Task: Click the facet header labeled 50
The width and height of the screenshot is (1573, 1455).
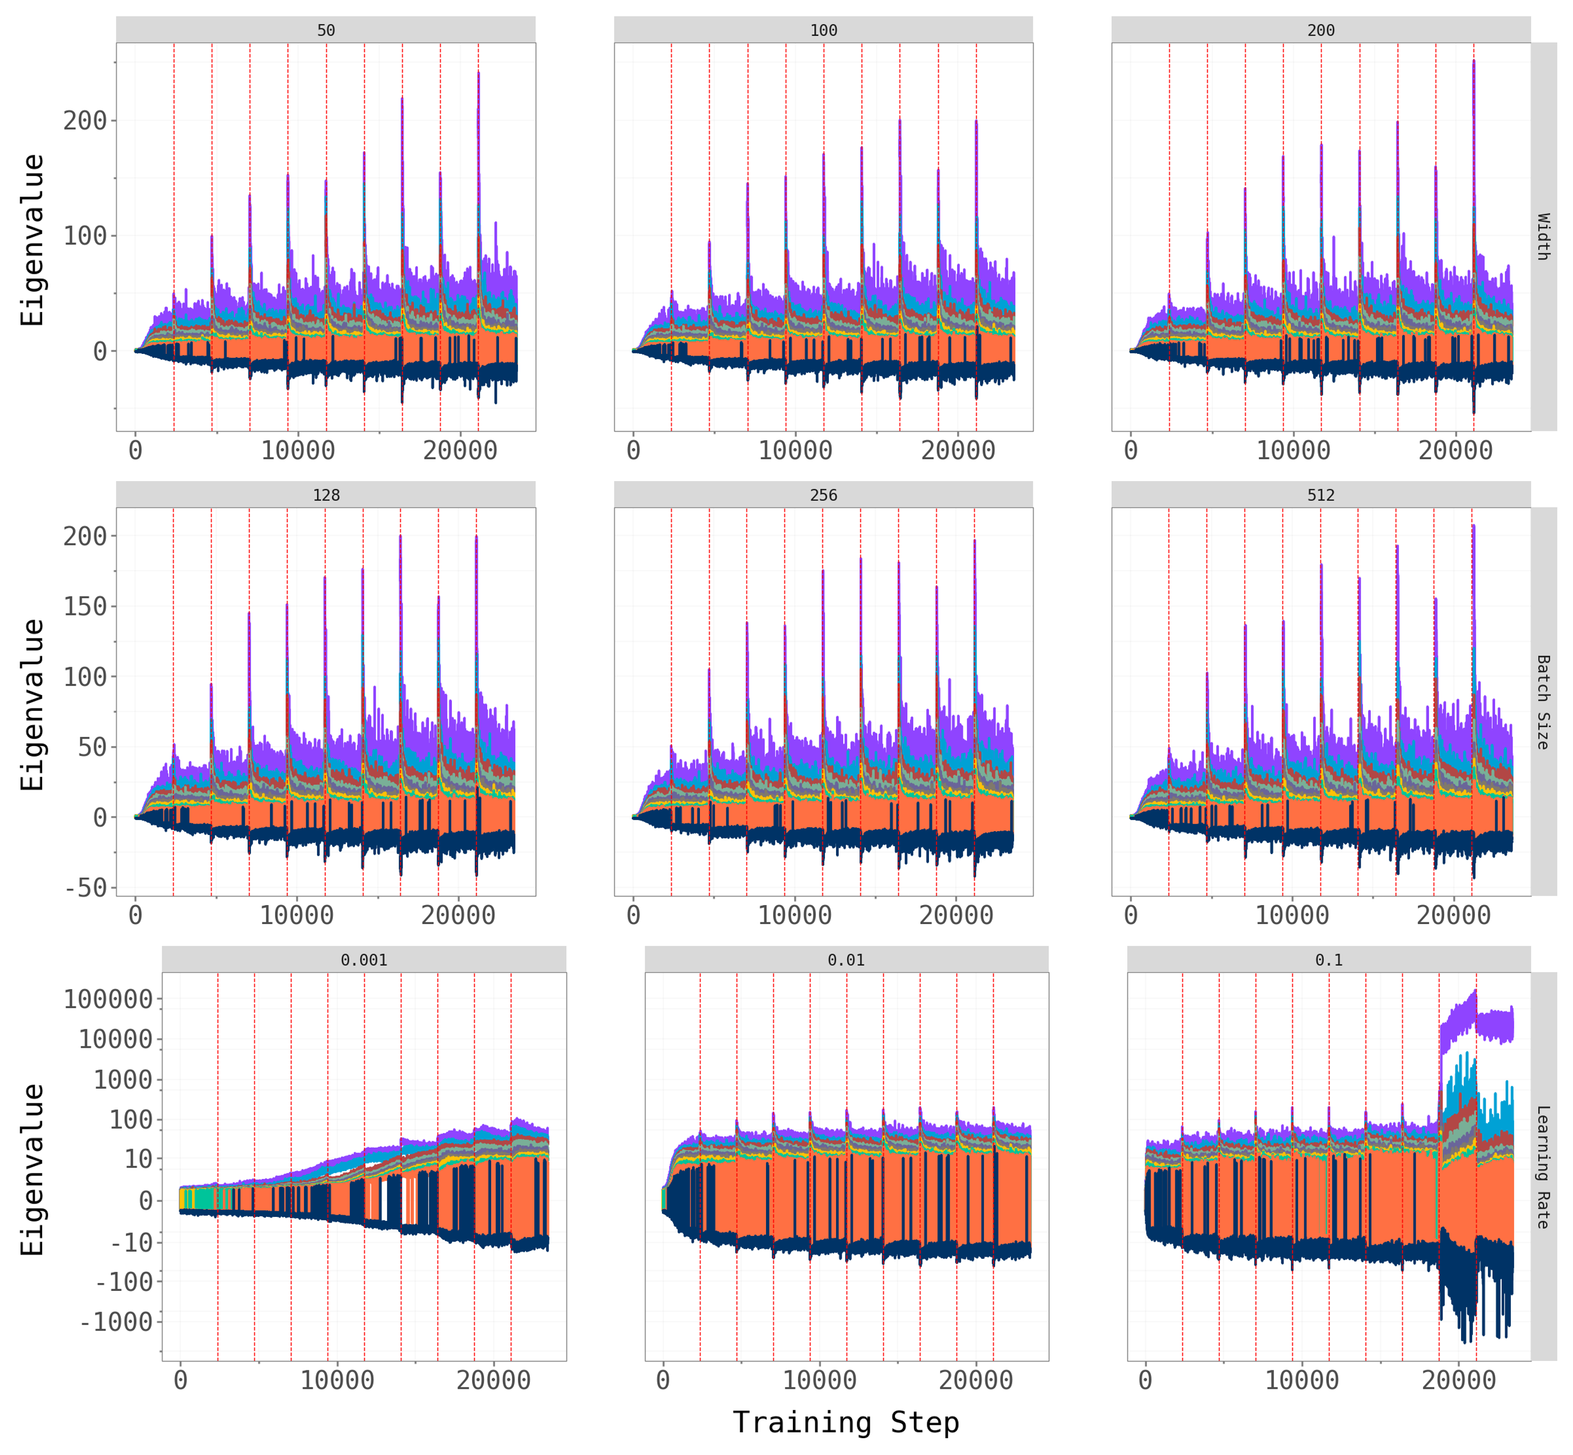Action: tap(326, 30)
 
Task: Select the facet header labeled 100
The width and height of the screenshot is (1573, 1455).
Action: tap(824, 30)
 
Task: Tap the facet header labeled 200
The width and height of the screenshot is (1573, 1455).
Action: tap(1321, 30)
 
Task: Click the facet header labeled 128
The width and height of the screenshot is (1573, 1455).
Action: tap(326, 495)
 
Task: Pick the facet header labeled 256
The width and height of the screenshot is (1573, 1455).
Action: tap(824, 495)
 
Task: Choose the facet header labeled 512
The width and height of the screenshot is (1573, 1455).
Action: tap(1321, 495)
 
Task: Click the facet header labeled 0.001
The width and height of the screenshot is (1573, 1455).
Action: tap(364, 960)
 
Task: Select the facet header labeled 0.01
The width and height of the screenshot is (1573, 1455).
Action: tap(846, 960)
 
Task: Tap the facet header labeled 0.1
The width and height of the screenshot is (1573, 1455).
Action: tap(1329, 960)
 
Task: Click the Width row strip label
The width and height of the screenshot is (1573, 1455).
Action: tap(1544, 236)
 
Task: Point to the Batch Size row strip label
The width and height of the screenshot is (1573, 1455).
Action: tap(1544, 702)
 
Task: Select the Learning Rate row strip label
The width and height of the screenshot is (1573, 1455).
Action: tap(1544, 1167)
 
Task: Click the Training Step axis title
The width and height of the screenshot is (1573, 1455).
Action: tap(846, 1422)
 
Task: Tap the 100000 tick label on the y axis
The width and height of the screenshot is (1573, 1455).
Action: tap(109, 999)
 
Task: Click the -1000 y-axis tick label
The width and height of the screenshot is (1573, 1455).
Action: tap(116, 1322)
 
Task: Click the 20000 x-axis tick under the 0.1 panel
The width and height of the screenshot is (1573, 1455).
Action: tap(1459, 1380)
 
